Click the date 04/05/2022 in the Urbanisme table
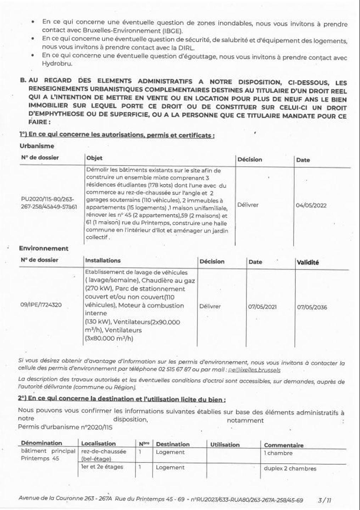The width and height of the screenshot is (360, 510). coord(311,205)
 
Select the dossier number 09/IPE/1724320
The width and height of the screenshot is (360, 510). coord(41,305)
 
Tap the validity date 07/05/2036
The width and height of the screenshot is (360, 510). coord(312,307)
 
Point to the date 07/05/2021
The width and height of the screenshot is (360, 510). coord(262,307)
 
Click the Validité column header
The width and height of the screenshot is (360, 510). coord(308,262)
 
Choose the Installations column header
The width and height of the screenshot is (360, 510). coord(103,260)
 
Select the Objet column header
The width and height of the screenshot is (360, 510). coord(94,158)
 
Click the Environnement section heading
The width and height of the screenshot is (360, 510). coord(44,249)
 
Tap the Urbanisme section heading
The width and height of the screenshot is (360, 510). coord(37,146)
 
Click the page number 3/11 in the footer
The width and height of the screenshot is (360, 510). coord(325,500)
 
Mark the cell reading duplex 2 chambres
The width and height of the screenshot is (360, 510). coord(290,468)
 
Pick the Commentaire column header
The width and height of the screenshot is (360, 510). coord(283,445)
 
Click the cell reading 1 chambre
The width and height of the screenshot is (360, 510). coord(278,453)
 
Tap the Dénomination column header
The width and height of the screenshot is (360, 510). coord(41,443)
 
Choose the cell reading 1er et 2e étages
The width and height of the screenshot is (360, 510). coord(102,467)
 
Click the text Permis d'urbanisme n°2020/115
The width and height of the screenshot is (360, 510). coord(65,427)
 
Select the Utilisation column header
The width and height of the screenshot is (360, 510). coord(225,444)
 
